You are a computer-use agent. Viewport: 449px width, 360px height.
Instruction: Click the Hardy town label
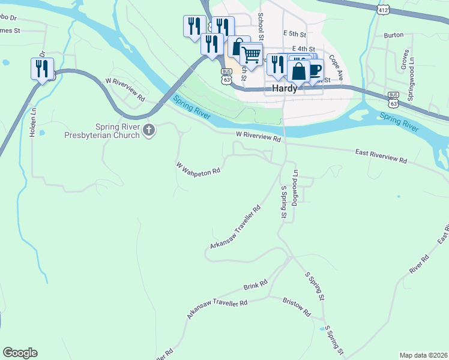point(285,88)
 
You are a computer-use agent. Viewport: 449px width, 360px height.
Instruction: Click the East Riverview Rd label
point(381,157)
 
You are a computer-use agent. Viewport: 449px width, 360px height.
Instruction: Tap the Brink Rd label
point(255,284)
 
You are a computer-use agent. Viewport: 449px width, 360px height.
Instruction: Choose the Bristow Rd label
point(297,308)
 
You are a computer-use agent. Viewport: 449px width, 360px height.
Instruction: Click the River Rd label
point(419,264)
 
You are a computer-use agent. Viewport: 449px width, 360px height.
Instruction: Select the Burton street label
point(393,35)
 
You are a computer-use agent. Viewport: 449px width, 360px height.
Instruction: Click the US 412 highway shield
point(384,9)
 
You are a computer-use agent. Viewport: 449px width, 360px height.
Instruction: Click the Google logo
point(20,353)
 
